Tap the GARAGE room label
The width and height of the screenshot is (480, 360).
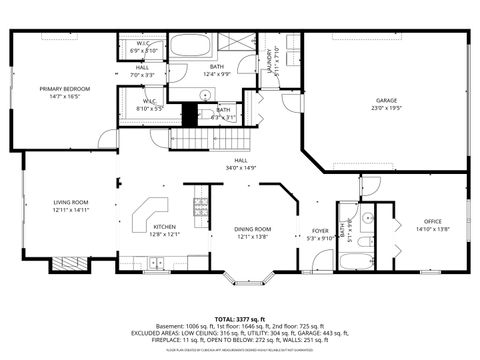click(x=387, y=100)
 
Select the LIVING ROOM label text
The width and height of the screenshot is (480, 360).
click(x=71, y=203)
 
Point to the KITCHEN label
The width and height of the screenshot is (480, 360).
click(x=164, y=227)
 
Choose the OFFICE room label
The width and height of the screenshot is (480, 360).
click(x=432, y=221)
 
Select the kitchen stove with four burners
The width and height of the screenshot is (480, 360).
click(x=200, y=207)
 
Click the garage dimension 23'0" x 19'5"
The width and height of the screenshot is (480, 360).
click(x=387, y=108)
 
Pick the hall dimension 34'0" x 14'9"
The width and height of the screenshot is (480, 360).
click(x=241, y=167)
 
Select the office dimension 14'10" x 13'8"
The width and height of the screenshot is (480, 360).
click(x=432, y=229)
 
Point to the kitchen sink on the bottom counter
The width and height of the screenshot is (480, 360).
click(x=155, y=263)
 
